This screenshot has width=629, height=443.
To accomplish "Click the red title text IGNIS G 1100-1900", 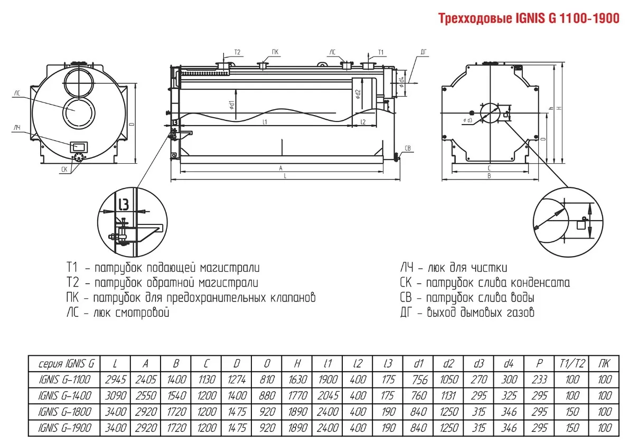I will [529, 19].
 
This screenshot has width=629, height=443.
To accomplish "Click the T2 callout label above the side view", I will [237, 52].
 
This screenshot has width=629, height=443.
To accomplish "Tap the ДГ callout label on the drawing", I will [423, 51].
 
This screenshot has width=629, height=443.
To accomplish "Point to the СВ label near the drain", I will [408, 147].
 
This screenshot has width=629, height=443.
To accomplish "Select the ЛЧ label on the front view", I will [17, 128].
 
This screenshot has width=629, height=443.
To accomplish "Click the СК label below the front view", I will [64, 169].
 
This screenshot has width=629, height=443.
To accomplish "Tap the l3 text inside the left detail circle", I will [123, 203].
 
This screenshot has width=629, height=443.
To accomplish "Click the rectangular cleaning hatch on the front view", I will [80, 145].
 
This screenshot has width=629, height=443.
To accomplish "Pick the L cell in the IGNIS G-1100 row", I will [115, 379].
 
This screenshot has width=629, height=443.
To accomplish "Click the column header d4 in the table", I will [509, 364].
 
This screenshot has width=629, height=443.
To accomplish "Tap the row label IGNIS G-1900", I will [65, 426].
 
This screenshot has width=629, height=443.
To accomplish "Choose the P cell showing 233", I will [539, 379].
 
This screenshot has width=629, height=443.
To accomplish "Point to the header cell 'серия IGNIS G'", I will [65, 364].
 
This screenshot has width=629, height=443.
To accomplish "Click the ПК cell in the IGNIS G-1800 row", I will [605, 410].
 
